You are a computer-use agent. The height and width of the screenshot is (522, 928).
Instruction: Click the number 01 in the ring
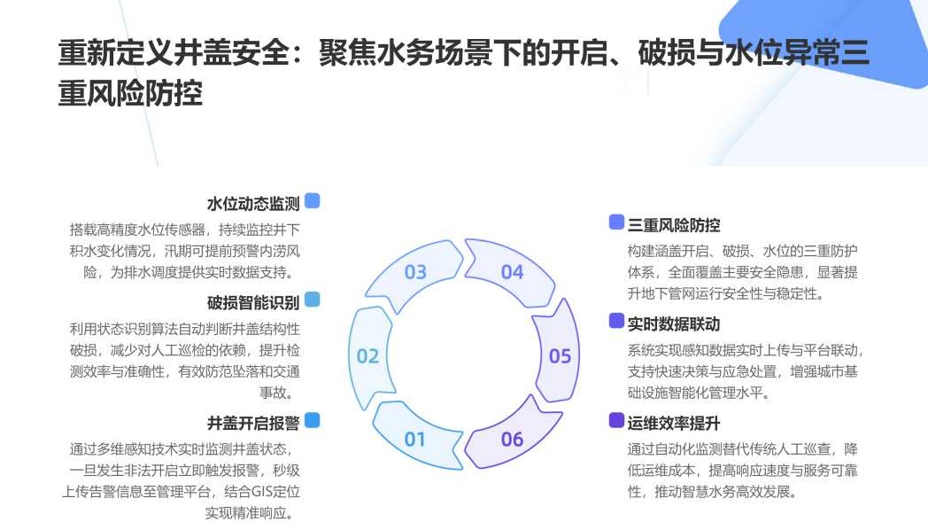pyautogui.click(x=415, y=439)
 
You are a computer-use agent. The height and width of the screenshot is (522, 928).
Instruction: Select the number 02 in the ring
pyautogui.click(x=367, y=356)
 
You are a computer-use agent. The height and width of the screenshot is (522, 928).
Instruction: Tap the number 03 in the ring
pyautogui.click(x=415, y=272)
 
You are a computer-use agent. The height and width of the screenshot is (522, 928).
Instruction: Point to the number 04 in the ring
pyautogui.click(x=513, y=272)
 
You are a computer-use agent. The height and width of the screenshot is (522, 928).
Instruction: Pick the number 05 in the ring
pyautogui.click(x=560, y=356)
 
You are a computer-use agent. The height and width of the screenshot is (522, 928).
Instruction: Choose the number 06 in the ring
pyautogui.click(x=513, y=439)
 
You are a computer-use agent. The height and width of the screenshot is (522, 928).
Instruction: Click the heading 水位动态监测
pyautogui.click(x=253, y=203)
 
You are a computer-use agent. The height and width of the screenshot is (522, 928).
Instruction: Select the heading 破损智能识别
pyautogui.click(x=253, y=300)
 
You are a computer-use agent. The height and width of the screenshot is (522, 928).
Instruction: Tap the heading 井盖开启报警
pyautogui.click(x=253, y=422)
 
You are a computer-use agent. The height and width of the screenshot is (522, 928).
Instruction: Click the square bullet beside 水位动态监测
pyautogui.click(x=312, y=201)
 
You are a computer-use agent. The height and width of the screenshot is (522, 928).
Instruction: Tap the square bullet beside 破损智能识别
pyautogui.click(x=312, y=299)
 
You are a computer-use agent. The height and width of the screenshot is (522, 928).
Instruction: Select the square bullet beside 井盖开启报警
pyautogui.click(x=312, y=420)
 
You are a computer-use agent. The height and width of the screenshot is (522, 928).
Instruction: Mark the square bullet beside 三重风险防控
pyautogui.click(x=616, y=222)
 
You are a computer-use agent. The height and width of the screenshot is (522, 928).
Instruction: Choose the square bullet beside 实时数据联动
pyautogui.click(x=616, y=321)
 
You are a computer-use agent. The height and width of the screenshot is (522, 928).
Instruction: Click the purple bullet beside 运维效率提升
pyautogui.click(x=616, y=420)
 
